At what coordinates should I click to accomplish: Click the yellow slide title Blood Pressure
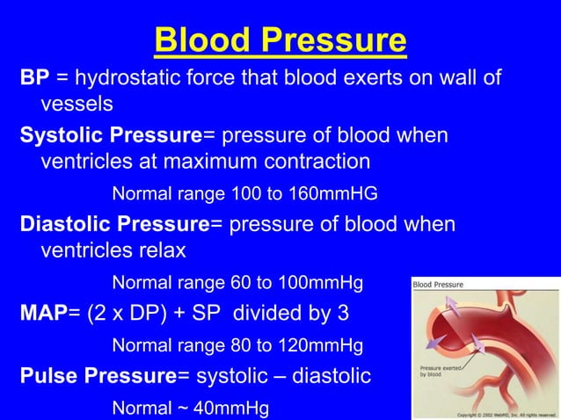tap(280, 40)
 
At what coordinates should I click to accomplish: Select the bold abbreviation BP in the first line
tap(34, 79)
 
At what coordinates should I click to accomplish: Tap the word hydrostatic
tap(131, 79)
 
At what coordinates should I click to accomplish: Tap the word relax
tap(162, 250)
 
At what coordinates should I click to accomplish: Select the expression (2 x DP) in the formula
tap(127, 313)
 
